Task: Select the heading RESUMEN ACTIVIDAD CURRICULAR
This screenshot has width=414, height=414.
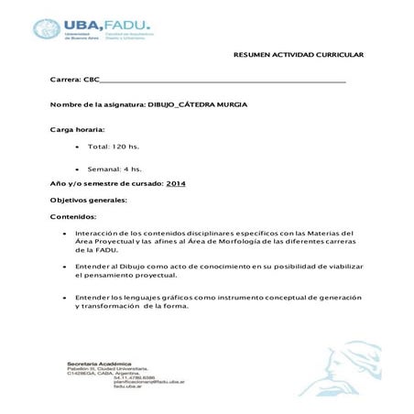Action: pos(299,55)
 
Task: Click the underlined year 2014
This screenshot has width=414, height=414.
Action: pos(176,183)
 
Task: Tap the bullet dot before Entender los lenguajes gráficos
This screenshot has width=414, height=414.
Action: pos(61,298)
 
